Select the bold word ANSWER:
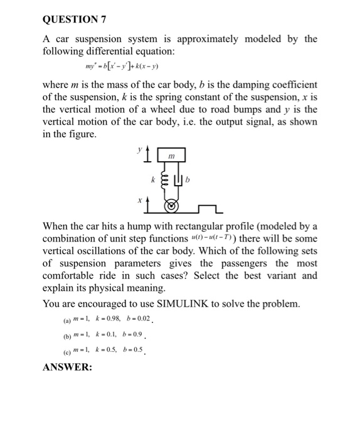[67, 367]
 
